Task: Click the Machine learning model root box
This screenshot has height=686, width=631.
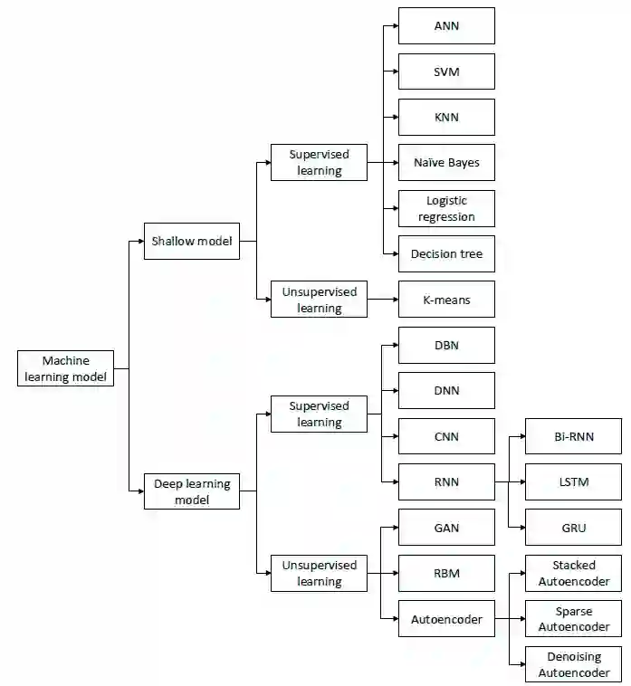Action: point(66,368)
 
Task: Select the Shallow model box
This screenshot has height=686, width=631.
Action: point(192,242)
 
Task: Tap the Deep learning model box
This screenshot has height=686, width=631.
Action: point(192,491)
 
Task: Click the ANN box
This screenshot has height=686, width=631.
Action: point(446,26)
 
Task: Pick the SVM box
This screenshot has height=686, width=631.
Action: point(446,71)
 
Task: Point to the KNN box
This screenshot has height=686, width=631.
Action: point(446,118)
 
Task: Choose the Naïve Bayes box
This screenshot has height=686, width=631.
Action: point(446,163)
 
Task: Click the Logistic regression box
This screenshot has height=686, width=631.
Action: point(446,208)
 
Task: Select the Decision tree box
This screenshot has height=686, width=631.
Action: point(446,254)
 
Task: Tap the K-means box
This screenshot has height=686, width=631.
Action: point(446,300)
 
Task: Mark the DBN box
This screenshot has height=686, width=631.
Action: point(446,346)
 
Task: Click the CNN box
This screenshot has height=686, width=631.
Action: point(446,436)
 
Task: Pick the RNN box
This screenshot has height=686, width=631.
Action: point(446,482)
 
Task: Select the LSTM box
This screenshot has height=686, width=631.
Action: point(574,482)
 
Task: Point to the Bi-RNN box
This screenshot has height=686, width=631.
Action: point(574,436)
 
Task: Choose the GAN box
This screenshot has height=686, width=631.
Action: point(446,528)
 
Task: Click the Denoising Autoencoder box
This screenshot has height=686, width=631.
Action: point(574,664)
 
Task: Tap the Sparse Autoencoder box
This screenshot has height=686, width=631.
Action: point(574,619)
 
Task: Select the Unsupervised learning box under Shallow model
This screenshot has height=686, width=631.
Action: point(319,300)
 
